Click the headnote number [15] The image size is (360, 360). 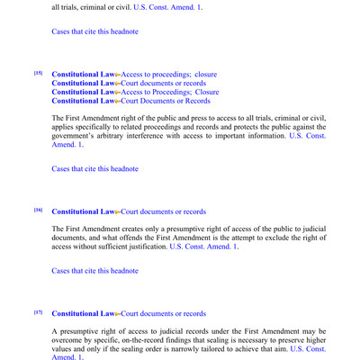pos(38,72)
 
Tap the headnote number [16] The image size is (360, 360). pos(38,210)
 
